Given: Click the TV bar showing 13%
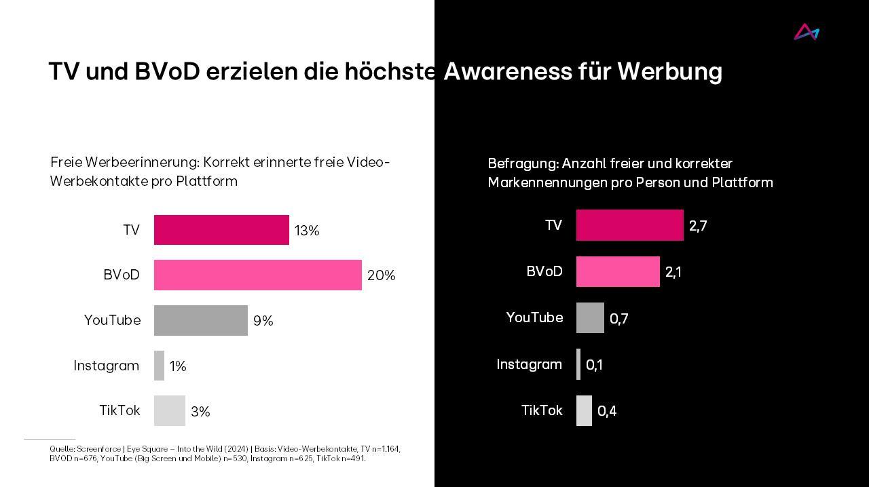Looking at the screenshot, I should (x=221, y=230).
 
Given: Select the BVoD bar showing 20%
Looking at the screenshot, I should (x=257, y=275).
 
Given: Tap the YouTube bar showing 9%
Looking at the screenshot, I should (x=200, y=320).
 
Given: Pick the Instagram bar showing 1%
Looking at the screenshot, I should (x=159, y=366).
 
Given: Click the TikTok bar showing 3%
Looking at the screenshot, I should (x=169, y=410).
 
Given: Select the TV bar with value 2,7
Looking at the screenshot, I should (x=629, y=225).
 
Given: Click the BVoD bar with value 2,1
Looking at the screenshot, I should (x=618, y=271).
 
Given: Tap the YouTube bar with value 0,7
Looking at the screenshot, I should (x=590, y=317).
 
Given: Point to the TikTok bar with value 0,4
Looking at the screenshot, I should (x=584, y=410).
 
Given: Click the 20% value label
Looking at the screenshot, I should (x=381, y=275).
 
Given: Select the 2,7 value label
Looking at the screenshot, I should (x=698, y=226).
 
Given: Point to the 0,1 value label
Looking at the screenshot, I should (x=594, y=365).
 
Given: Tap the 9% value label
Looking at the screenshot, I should (x=263, y=321).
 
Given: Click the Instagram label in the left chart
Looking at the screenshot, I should (x=106, y=366).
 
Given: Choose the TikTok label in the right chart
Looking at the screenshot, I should (x=542, y=410).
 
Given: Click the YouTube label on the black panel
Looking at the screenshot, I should (x=534, y=317).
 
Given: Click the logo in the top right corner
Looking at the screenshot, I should (x=807, y=32).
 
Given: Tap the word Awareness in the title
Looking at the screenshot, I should (x=507, y=71).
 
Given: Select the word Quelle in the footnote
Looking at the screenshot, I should (x=62, y=449).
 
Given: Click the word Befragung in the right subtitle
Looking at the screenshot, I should (x=521, y=163).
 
